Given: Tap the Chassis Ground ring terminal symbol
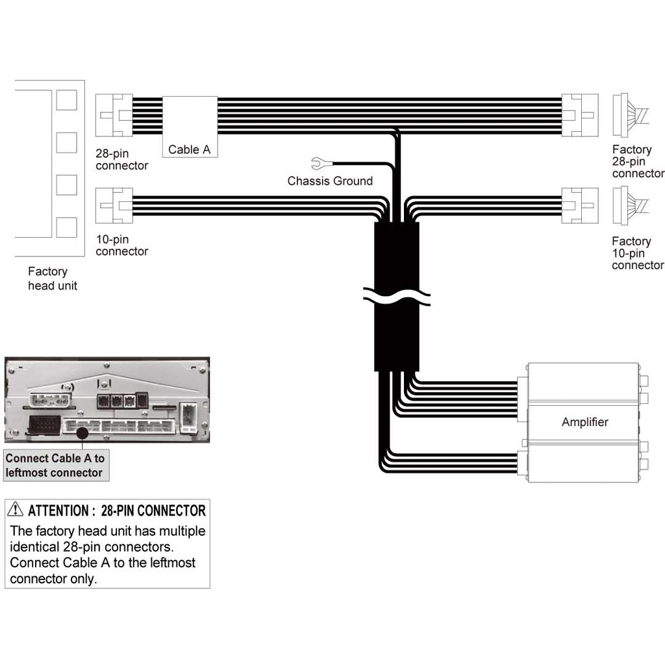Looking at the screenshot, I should tap(318, 163).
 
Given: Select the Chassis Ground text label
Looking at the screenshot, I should tap(330, 181).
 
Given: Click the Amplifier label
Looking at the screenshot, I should tap(584, 422).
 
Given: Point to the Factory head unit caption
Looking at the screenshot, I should tap(52, 279).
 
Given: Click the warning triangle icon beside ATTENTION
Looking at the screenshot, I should tap(16, 510).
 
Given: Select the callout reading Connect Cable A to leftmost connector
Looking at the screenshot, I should tap(55, 466).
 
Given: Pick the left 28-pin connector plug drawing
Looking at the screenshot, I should tap(114, 115).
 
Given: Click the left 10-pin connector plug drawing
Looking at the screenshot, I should tap(114, 205).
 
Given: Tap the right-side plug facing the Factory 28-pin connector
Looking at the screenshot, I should tap(580, 115).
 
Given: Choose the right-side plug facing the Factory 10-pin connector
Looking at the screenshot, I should tap(580, 205).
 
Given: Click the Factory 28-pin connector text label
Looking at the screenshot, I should tap(638, 162).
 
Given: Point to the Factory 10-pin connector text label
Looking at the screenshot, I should tap(638, 253).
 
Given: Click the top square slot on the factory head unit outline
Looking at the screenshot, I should tap(66, 100).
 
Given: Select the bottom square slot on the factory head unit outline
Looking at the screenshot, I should tap(66, 227).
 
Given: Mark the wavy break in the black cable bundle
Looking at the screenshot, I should tap(396, 297).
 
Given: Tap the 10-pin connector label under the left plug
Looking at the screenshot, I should tap(121, 245).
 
